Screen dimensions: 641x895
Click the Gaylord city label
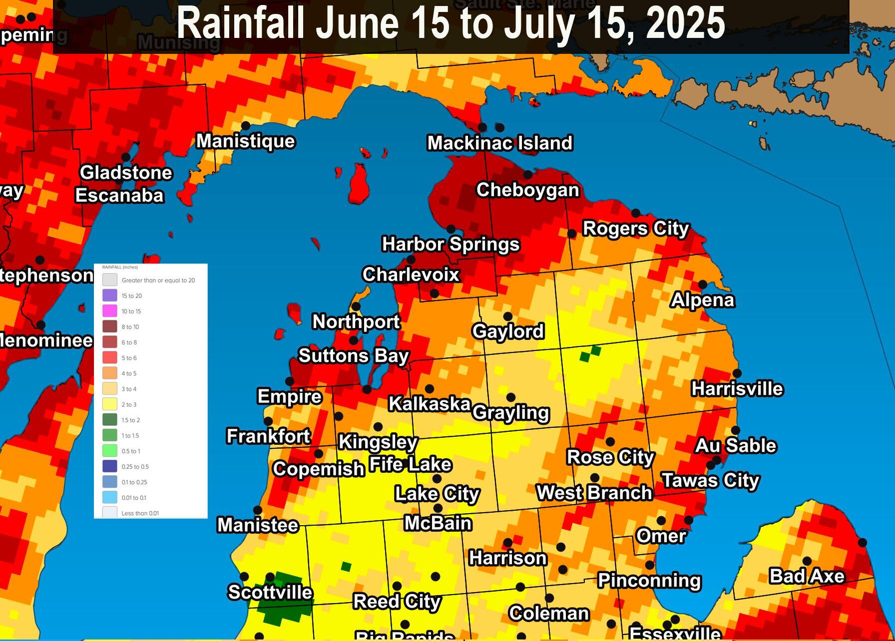point(508,331)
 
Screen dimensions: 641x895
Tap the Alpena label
point(703,300)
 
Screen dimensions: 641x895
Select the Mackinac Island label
point(500,143)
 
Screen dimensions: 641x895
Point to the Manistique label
point(245,141)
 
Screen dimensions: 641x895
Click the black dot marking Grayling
point(510,397)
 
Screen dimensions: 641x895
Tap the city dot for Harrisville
point(737,373)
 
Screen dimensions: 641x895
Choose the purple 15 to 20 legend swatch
point(110,296)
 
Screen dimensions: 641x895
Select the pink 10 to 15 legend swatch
point(110,311)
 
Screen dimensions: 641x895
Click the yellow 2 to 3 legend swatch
point(110,404)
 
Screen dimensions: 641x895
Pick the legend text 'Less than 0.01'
point(140,513)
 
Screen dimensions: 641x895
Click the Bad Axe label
point(807,576)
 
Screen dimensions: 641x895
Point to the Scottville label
point(270,592)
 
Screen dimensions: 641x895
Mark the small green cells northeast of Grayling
point(590,353)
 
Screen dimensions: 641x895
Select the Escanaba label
point(119,195)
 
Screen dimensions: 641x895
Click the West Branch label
point(594,493)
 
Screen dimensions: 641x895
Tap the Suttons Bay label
point(354,356)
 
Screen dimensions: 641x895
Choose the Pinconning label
point(649,581)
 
